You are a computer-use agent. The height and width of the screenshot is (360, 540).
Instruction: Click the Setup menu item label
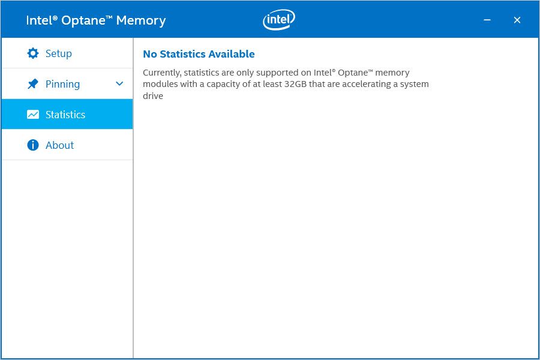(x=59, y=54)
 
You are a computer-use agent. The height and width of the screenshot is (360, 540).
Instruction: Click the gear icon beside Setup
(x=33, y=53)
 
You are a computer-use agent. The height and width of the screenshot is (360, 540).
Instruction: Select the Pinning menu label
(x=62, y=85)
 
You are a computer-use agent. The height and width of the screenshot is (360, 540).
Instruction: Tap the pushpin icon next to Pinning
(x=33, y=84)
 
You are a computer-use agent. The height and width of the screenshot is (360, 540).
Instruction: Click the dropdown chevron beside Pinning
(x=119, y=84)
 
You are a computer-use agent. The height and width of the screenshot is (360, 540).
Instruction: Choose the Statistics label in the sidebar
(x=65, y=115)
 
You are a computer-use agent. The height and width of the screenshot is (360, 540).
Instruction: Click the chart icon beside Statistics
(x=33, y=115)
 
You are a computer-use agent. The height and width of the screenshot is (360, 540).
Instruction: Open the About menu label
(x=59, y=145)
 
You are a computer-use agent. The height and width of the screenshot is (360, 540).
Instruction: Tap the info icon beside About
(x=33, y=145)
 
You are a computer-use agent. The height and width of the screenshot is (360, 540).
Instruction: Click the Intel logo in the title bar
(x=279, y=19)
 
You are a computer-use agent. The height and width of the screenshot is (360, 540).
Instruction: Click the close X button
(x=517, y=20)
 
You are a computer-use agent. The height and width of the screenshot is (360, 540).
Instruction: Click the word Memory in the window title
(x=141, y=20)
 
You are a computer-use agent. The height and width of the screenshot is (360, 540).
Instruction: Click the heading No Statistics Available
(x=199, y=54)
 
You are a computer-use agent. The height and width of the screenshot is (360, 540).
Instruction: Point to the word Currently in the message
(x=162, y=73)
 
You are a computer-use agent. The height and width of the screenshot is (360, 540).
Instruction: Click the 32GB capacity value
(x=295, y=84)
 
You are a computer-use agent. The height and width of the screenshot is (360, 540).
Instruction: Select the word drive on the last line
(x=153, y=96)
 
